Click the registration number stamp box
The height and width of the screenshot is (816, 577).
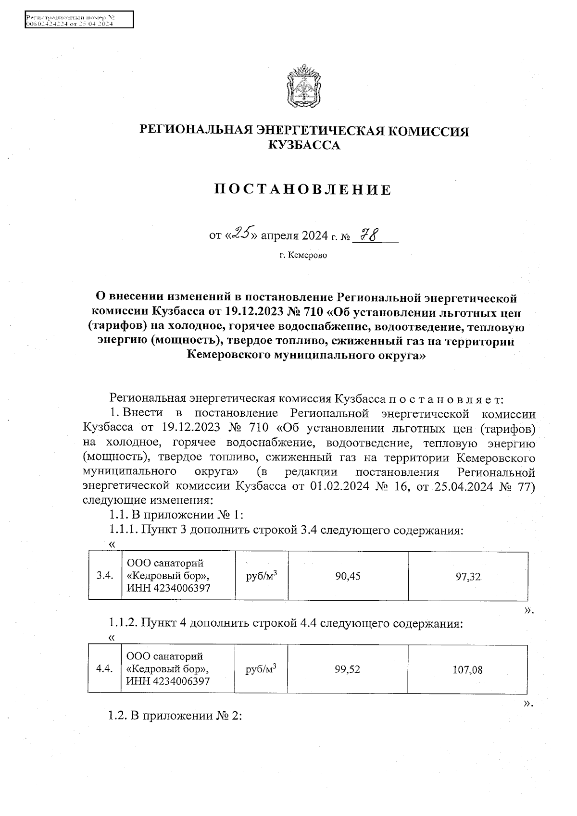click(x=79, y=21)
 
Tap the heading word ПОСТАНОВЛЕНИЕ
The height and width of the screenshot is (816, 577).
click(x=303, y=190)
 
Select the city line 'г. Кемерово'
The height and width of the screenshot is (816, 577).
click(x=303, y=255)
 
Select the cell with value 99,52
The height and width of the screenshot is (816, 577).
click(x=348, y=669)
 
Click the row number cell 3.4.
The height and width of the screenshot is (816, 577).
click(x=105, y=576)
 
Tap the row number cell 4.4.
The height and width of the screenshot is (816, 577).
click(x=104, y=669)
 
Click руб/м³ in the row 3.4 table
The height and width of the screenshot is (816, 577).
click(x=261, y=575)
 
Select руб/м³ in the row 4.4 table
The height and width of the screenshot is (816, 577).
click(x=261, y=668)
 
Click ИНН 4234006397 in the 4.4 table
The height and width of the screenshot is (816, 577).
click(x=168, y=681)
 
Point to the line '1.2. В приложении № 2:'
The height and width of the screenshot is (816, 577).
click(x=175, y=716)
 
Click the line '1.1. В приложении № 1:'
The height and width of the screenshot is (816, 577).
click(x=176, y=515)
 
